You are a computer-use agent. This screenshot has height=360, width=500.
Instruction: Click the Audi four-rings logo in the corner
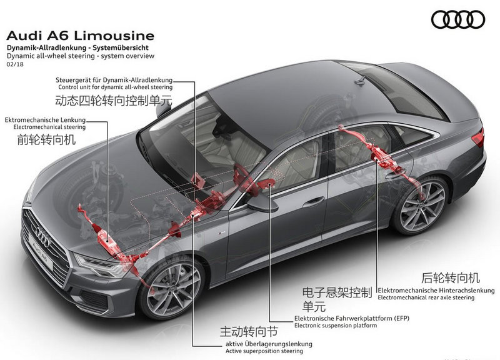tap(458, 19)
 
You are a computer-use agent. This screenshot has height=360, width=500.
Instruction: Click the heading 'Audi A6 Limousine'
tap(81, 36)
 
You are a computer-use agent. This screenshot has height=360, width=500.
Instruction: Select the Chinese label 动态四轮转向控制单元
tap(114, 101)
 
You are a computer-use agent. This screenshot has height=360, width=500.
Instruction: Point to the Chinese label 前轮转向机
tap(46, 139)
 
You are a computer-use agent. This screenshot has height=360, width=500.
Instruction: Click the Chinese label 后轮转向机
tap(451, 277)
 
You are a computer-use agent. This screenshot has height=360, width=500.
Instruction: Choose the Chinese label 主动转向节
tap(249, 332)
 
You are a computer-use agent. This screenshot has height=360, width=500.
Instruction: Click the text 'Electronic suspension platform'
tap(336, 326)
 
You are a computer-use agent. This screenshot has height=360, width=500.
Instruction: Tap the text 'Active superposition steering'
tap(264, 351)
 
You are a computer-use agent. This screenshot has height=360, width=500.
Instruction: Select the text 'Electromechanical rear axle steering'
tap(426, 297)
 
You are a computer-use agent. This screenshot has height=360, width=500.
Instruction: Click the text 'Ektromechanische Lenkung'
tap(45, 120)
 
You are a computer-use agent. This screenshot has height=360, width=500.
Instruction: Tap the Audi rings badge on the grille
tap(42, 236)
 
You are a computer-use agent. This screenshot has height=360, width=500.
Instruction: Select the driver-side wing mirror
tap(262, 204)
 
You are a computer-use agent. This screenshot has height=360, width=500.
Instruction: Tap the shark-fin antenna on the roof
tap(361, 80)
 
